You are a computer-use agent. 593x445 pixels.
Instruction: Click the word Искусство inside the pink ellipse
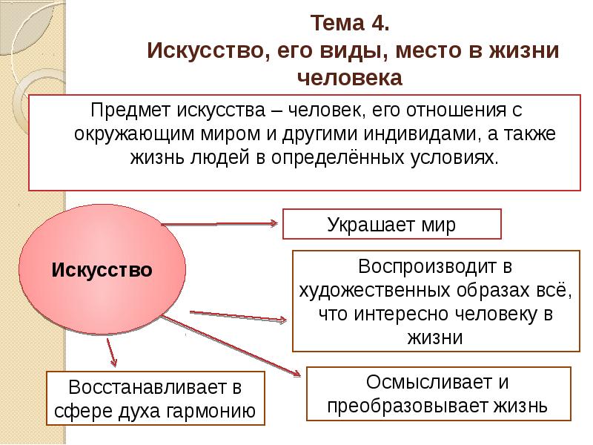(x=102, y=270)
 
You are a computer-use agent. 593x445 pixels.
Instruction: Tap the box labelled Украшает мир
(x=392, y=224)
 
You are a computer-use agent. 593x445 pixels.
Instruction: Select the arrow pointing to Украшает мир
(x=219, y=224)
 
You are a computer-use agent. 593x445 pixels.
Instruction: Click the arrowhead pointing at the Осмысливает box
(x=296, y=374)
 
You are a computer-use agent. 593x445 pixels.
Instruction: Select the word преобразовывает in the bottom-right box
(x=408, y=406)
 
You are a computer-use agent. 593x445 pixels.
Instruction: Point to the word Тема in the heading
(x=337, y=23)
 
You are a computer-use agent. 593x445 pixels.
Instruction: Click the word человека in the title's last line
(x=350, y=79)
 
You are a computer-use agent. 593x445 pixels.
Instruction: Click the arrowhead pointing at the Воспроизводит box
(x=282, y=320)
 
